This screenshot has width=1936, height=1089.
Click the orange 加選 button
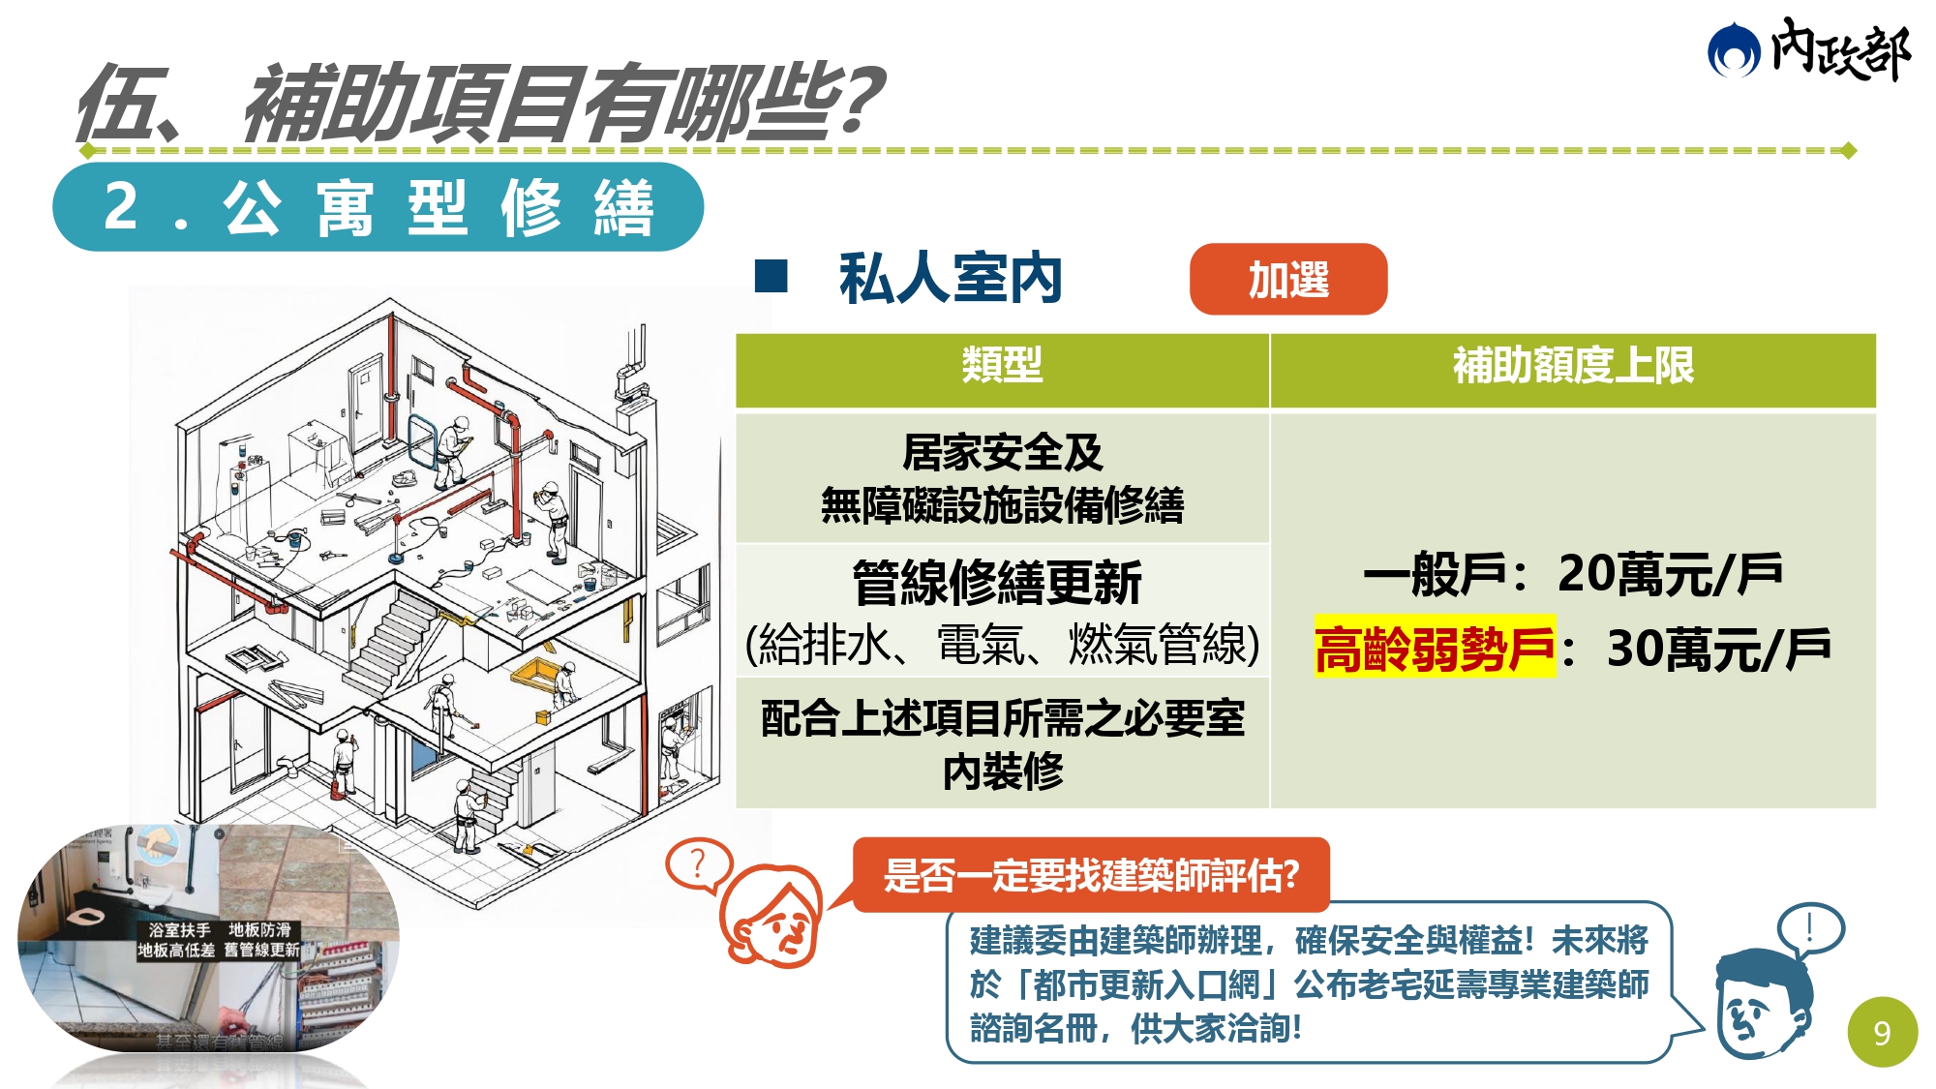pyautogui.click(x=1287, y=280)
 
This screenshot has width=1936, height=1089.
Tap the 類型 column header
pyautogui.click(x=1002, y=366)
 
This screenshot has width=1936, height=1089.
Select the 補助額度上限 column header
pyautogui.click(x=1572, y=366)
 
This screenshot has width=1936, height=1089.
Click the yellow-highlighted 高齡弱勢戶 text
pyautogui.click(x=1434, y=649)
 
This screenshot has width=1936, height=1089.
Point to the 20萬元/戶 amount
pyautogui.click(x=1670, y=574)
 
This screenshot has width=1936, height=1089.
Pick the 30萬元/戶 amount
pyautogui.click(x=1718, y=649)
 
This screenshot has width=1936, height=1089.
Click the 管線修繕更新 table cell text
pyautogui.click(x=997, y=583)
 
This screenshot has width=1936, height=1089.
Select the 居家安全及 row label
pyautogui.click(x=1002, y=452)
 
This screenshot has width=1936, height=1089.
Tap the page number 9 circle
pyautogui.click(x=1882, y=1033)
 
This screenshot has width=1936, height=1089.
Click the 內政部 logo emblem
pyautogui.click(x=1733, y=50)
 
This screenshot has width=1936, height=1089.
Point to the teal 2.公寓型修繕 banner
pyautogui.click(x=378, y=207)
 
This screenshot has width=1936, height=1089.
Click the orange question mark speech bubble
pyautogui.click(x=697, y=862)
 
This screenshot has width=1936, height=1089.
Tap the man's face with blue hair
pyautogui.click(x=1762, y=1007)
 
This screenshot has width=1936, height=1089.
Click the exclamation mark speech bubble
pyautogui.click(x=1810, y=928)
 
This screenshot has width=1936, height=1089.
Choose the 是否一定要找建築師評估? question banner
pyautogui.click(x=1091, y=875)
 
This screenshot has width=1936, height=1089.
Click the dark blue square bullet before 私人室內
pyautogui.click(x=771, y=277)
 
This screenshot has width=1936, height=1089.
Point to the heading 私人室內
pyautogui.click(x=951, y=279)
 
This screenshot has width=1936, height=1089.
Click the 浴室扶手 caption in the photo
pyautogui.click(x=179, y=930)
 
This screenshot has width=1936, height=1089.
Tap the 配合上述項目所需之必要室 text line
pyautogui.click(x=1002, y=718)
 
